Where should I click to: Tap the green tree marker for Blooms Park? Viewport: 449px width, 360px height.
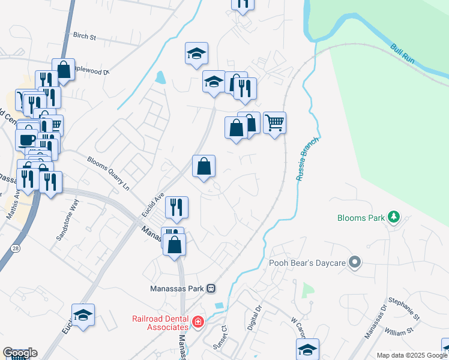394,217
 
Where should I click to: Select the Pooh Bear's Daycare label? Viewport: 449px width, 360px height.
306,262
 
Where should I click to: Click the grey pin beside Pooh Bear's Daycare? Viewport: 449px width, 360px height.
355,262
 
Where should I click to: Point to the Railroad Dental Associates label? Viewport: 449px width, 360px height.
160,323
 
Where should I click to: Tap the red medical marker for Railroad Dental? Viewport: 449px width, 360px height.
198,323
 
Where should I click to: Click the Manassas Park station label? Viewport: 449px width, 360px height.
177,288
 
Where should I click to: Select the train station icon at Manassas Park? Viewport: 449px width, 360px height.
211,288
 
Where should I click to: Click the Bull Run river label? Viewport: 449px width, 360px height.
403,55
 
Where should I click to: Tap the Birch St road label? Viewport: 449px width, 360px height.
85,37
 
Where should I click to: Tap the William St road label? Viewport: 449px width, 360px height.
399,330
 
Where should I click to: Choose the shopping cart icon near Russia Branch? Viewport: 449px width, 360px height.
275,122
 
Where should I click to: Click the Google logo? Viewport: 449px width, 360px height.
20,353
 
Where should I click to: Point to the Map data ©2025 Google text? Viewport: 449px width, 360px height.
412,355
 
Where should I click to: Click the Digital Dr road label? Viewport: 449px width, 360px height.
255,316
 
